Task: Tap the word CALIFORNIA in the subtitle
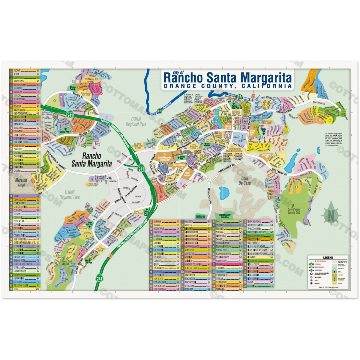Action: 265,86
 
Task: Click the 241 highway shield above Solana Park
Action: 70,115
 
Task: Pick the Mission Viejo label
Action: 21,182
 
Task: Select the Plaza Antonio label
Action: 187,174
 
